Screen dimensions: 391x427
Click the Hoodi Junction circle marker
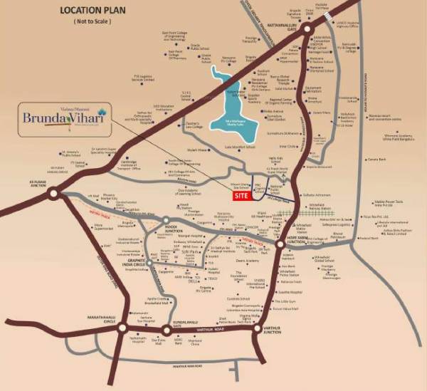point(165,220)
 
